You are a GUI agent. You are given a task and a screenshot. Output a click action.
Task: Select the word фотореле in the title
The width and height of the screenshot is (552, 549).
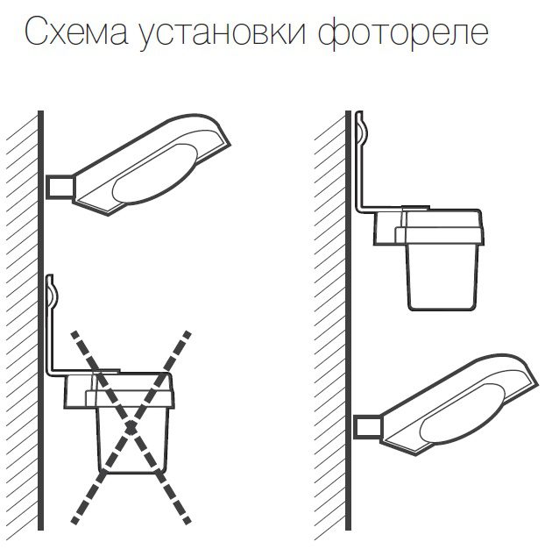(x=403, y=32)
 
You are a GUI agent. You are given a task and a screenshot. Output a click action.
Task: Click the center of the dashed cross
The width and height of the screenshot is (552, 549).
(x=131, y=427)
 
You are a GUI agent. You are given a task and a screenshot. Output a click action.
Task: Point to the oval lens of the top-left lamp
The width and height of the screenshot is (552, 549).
(x=153, y=174)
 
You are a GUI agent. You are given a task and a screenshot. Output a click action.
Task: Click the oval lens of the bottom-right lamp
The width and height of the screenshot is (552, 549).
(x=461, y=413)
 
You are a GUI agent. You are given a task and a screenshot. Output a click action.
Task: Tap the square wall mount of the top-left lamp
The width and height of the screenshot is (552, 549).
(x=60, y=187)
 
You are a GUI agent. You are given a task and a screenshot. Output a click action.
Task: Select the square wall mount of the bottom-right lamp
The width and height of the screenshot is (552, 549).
(x=368, y=427)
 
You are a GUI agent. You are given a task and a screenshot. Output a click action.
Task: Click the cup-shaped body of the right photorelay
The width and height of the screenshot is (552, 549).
(x=442, y=277)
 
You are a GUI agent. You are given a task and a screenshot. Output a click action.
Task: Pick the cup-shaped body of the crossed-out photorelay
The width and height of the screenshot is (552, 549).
(x=133, y=440)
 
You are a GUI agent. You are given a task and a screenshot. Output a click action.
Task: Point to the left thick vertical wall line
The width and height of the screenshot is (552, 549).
(x=41, y=320)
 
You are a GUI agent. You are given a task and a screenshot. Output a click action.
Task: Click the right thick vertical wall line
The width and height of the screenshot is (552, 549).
(x=349, y=320)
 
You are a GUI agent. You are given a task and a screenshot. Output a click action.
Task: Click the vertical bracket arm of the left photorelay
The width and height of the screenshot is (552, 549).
(x=50, y=339)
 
